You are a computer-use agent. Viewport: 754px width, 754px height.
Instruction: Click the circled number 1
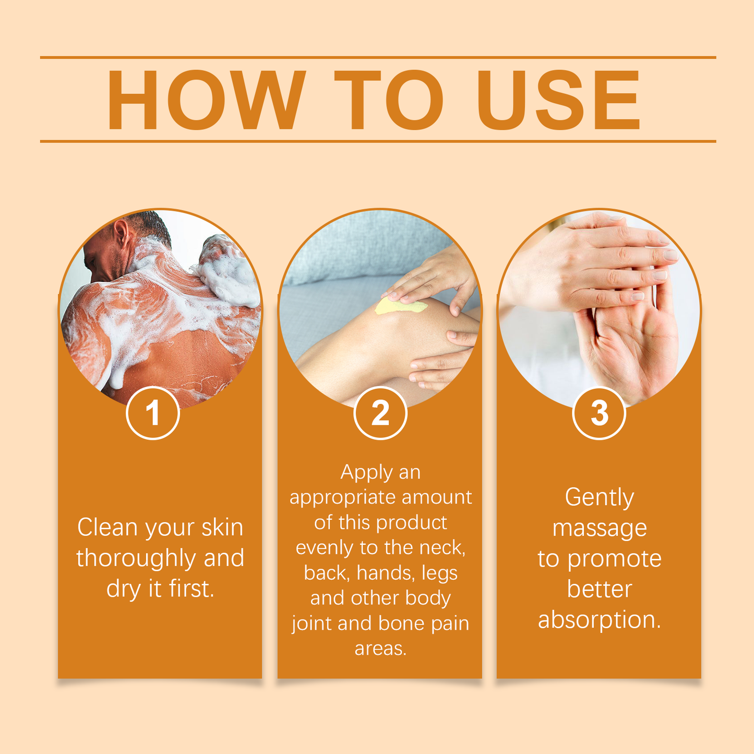click(x=153, y=413)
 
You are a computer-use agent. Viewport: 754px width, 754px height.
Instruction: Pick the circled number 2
click(x=380, y=413)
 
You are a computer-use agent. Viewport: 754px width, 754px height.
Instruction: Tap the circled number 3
click(x=599, y=413)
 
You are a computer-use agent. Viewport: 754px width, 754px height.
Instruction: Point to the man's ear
click(x=122, y=233)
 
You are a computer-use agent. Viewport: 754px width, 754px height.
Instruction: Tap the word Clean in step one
click(x=108, y=527)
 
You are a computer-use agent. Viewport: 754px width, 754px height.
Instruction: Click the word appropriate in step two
click(x=342, y=497)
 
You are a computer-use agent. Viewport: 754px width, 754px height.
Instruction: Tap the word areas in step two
click(x=380, y=649)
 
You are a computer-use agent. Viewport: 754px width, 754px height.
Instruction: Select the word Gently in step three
click(x=599, y=497)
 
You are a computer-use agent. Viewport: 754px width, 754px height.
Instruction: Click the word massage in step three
click(x=599, y=528)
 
